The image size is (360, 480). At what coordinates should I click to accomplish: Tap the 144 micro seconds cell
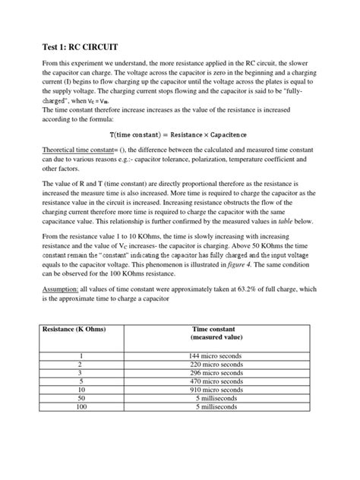tap(216, 355)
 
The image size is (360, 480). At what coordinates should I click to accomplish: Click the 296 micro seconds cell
tap(216, 373)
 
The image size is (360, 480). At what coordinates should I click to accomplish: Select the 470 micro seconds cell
tap(216, 381)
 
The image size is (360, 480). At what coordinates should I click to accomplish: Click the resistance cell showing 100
tap(79, 407)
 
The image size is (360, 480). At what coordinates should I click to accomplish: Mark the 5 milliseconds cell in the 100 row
tap(216, 407)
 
